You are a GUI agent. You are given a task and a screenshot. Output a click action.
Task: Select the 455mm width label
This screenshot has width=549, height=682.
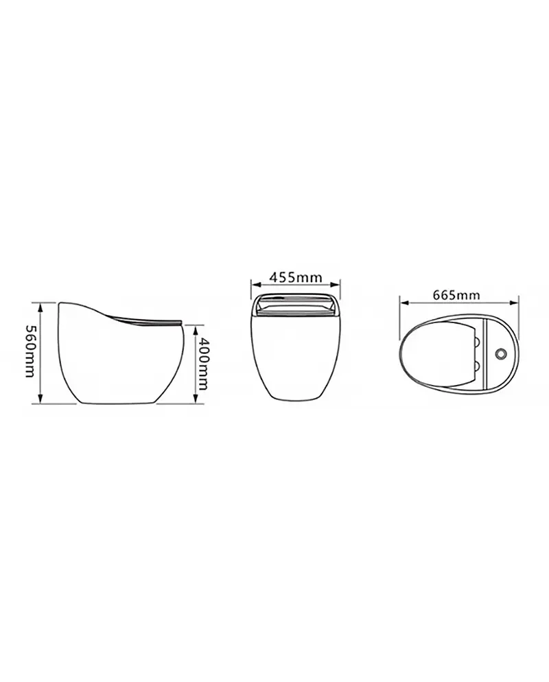(295, 277)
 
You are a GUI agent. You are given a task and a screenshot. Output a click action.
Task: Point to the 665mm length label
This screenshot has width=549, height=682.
(457, 295)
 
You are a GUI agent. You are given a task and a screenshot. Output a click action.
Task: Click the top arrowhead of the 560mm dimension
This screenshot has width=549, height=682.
(40, 308)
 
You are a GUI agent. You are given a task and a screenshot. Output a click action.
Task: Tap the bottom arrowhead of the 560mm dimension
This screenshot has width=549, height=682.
(40, 399)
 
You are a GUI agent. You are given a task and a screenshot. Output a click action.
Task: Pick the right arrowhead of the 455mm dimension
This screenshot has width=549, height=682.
(335, 285)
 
